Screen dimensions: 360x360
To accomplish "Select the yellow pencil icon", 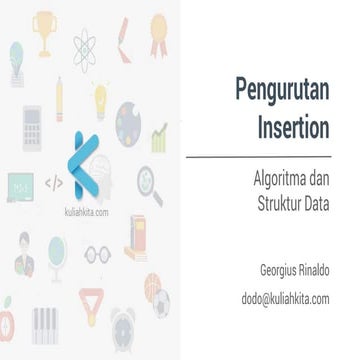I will pos(61,94).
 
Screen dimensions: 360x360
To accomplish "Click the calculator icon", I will pos(31,128).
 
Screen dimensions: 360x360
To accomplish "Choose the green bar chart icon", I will pos(159,134).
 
